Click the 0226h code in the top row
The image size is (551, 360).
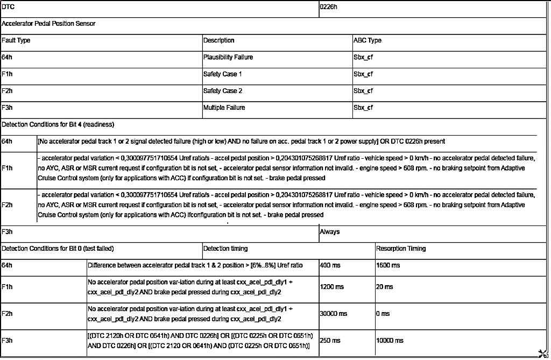click(329, 8)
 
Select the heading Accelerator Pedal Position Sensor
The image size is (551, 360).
click(49, 24)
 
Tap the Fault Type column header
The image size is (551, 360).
click(16, 40)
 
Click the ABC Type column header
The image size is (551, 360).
click(368, 40)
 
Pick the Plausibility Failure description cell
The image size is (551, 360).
click(228, 57)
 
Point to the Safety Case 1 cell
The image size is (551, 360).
click(223, 74)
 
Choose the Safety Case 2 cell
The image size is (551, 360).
click(223, 91)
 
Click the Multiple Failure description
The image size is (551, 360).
click(224, 108)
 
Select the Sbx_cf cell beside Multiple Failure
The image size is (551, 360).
click(363, 108)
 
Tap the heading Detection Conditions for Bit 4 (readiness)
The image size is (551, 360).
click(58, 124)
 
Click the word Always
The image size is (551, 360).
click(330, 232)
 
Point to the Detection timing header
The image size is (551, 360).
click(225, 249)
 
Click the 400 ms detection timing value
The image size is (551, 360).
click(330, 265)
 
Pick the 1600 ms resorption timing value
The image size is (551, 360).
click(388, 265)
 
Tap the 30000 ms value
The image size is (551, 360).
click(334, 313)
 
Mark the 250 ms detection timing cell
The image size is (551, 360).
click(330, 340)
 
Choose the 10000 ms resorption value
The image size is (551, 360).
click(390, 340)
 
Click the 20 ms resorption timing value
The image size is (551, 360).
click(385, 287)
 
